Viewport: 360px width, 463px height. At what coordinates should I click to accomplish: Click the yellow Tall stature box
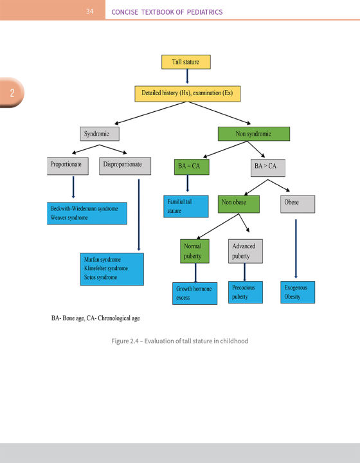[x=186, y=62]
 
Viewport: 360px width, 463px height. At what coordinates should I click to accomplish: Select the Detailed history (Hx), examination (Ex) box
[x=187, y=93]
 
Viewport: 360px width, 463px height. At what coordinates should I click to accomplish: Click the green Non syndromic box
[x=254, y=134]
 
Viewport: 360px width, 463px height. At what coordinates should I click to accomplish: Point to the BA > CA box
[x=267, y=167]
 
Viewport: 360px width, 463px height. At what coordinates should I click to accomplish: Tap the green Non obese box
[x=238, y=203]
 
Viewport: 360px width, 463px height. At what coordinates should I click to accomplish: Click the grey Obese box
[x=298, y=203]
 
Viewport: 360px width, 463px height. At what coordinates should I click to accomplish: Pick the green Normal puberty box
[x=197, y=251]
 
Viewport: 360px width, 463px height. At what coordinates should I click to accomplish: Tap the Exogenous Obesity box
[x=299, y=292]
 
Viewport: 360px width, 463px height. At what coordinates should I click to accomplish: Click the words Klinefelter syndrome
[x=106, y=268]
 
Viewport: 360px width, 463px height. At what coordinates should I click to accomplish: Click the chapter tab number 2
[x=12, y=93]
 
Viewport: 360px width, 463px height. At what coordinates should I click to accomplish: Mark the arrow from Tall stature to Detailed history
[x=186, y=77]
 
